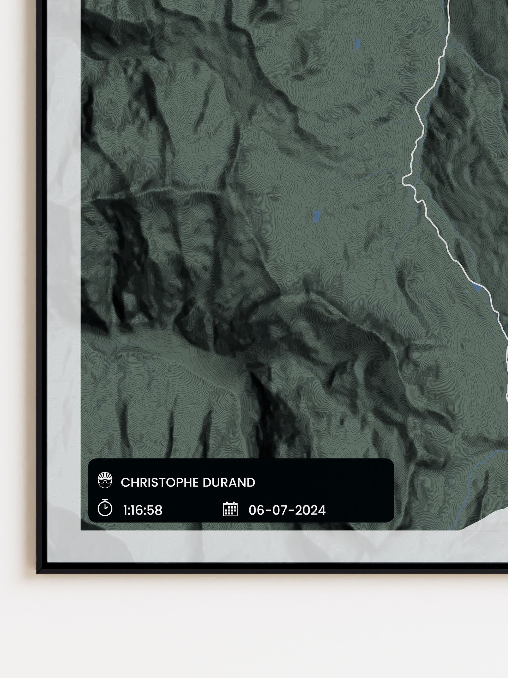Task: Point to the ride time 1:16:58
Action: pos(143,510)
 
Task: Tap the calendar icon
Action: pos(230,509)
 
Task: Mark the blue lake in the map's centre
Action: pos(317,216)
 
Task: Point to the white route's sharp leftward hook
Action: pos(404,181)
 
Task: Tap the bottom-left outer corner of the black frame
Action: pos(37,573)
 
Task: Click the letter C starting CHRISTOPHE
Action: pos(125,483)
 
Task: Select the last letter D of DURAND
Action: pos(251,483)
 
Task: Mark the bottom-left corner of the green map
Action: pos(81,529)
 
